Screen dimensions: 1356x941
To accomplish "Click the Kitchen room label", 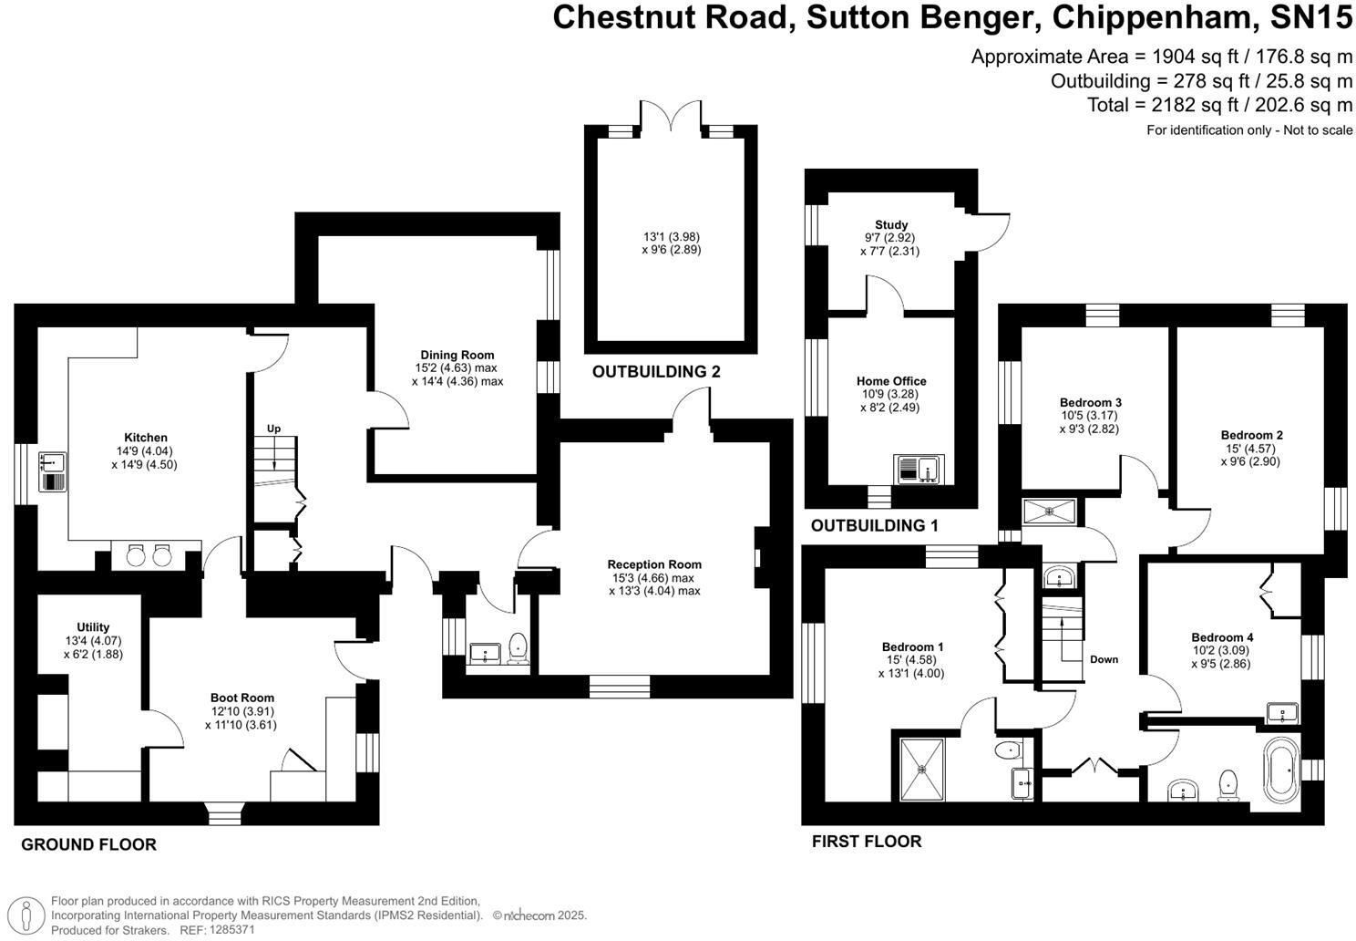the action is click(x=145, y=437).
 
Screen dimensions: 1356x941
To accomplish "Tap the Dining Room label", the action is click(x=457, y=355).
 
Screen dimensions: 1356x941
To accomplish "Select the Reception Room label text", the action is click(x=654, y=564).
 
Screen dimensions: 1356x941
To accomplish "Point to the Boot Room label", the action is click(x=242, y=698).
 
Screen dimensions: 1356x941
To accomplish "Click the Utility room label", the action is click(x=93, y=627).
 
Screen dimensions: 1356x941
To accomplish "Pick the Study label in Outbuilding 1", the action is click(x=891, y=224).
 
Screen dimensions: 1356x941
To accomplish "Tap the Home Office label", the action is click(x=891, y=381).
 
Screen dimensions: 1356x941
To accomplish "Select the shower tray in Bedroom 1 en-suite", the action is click(x=922, y=769).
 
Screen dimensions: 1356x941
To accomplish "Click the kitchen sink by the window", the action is click(x=53, y=471).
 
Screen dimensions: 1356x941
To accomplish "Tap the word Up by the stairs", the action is click(x=273, y=429).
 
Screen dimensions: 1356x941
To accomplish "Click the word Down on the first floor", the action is click(x=1104, y=659).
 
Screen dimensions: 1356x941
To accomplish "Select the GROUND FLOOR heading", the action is click(x=88, y=844).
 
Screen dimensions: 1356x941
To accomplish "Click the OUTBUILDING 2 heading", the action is click(x=656, y=371).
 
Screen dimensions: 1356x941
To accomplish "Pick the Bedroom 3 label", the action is click(x=1090, y=402).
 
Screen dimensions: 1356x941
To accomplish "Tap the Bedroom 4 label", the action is click(x=1222, y=637).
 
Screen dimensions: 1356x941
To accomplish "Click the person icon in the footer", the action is click(x=26, y=915).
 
